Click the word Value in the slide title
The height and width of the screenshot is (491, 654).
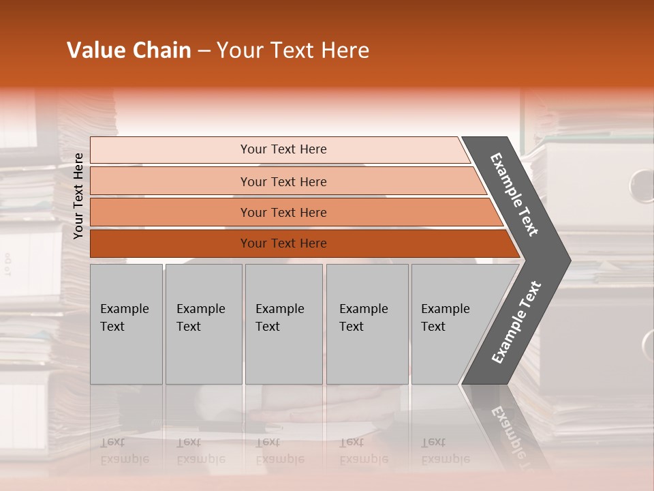95,50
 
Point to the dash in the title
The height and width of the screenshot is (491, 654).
204,51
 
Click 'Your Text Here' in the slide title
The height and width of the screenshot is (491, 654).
293,50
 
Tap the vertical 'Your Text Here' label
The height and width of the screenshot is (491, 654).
78,196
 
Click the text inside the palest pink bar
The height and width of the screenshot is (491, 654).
283,149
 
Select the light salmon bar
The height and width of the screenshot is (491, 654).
283,181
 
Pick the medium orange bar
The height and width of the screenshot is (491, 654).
283,212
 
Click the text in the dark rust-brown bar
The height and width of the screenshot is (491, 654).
283,243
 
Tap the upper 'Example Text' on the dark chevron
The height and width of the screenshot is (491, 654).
514,194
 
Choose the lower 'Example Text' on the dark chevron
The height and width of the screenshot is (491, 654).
516,323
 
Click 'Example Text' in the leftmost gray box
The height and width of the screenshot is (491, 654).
124,318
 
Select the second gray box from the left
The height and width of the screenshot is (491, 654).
203,324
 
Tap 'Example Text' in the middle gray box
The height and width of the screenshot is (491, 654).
279,318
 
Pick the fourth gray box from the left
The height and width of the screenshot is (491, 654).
367,324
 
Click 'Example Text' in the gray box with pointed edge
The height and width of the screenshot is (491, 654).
445,318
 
